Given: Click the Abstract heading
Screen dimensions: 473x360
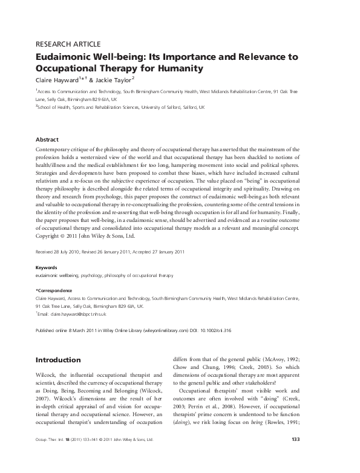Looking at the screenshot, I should click(x=47, y=139).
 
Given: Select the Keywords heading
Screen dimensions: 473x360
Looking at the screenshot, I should click(x=47, y=267).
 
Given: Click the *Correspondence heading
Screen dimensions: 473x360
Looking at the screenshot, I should click(x=55, y=290).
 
